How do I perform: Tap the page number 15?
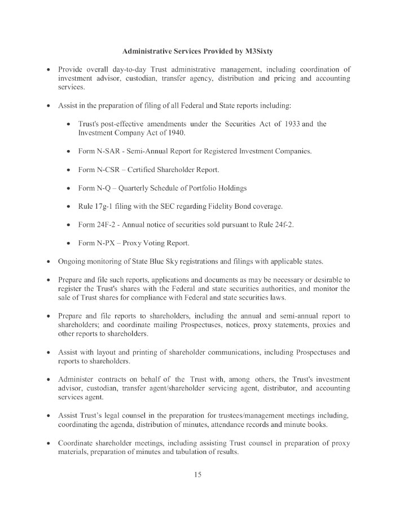pos(197,475)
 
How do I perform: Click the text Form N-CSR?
pos(96,170)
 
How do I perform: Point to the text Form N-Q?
pos(92,188)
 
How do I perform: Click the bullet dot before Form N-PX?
pos(68,244)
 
